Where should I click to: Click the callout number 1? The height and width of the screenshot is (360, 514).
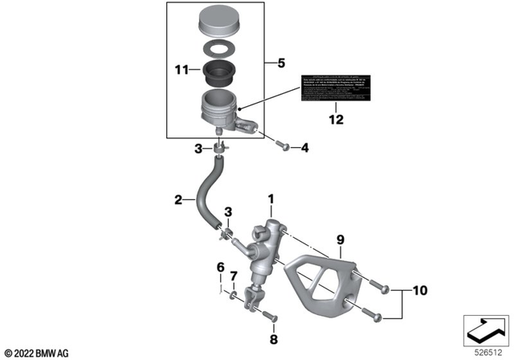(271, 198)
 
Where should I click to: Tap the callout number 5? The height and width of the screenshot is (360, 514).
(279, 61)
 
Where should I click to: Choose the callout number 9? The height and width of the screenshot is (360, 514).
(340, 239)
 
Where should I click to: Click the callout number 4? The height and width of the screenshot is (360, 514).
(304, 148)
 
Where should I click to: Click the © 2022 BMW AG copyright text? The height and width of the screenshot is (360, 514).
(39, 352)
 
